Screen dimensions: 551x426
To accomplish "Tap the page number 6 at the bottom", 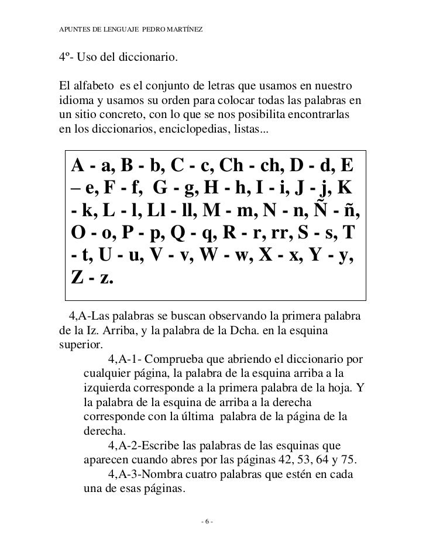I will pyautogui.click(x=207, y=521).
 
